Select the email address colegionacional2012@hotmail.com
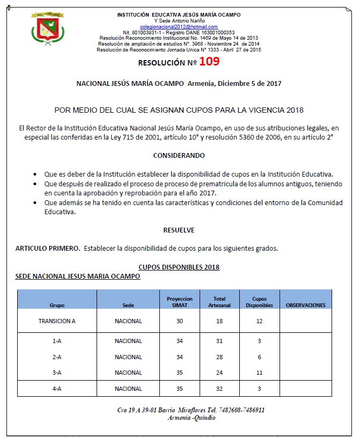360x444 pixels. coord(179,26)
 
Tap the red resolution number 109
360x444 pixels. coord(209,62)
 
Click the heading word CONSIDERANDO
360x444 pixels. coord(179,155)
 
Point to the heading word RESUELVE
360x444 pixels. coord(179,230)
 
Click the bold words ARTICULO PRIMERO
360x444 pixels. coord(48,248)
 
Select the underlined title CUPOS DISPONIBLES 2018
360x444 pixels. coord(179,267)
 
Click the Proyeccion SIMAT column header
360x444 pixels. coord(180,302)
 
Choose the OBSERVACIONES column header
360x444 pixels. coord(306,305)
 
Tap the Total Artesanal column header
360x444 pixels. coord(219,302)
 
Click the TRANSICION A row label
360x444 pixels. coord(57,321)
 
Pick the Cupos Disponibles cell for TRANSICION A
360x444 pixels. coord(259,321)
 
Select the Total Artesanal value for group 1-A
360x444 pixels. coord(219,341)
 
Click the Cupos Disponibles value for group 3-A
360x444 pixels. coord(259,373)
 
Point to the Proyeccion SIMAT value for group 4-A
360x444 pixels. coord(180,389)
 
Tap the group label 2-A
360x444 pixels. coord(57,357)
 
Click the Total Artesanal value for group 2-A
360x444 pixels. coord(219,357)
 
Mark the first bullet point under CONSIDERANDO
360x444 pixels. coord(35,174)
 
